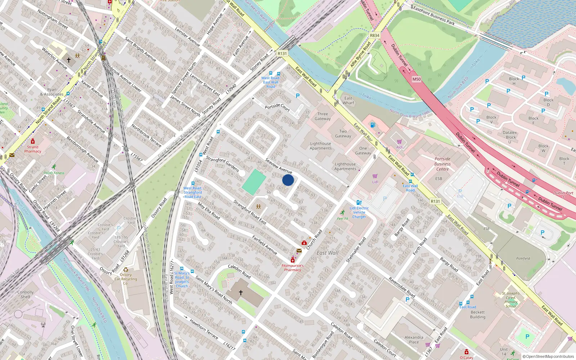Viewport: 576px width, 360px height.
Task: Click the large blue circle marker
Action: pyautogui.click(x=288, y=180)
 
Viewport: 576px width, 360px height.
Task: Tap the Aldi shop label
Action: pyautogui.click(x=399, y=147)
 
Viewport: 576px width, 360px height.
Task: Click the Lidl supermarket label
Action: pyautogui.click(x=375, y=182)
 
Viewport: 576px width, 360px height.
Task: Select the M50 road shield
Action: pyautogui.click(x=417, y=79)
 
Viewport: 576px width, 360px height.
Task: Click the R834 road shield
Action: pyautogui.click(x=374, y=35)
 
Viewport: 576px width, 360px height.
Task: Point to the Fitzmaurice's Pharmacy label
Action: pyautogui.click(x=292, y=268)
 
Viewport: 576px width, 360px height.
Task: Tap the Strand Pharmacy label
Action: pyautogui.click(x=33, y=149)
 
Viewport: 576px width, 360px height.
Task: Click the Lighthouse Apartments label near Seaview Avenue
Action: pyautogui.click(x=321, y=146)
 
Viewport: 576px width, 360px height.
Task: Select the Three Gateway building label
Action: pyautogui.click(x=323, y=116)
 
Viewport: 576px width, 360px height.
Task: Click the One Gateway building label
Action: pyautogui.click(x=363, y=150)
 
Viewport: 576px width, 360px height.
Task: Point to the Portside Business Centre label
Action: pyautogui.click(x=442, y=164)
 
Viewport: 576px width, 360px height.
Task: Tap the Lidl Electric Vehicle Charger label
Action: pyautogui.click(x=359, y=212)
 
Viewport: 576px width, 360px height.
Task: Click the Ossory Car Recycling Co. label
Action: pyautogui.click(x=126, y=279)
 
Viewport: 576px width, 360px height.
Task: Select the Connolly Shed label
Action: pyautogui.click(x=25, y=294)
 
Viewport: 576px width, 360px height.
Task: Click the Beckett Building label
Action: pyautogui.click(x=478, y=315)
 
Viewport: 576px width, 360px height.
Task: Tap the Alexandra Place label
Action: pyautogui.click(x=414, y=339)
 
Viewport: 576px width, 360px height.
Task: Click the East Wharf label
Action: pyautogui.click(x=348, y=100)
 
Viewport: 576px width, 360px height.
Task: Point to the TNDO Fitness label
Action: pyautogui.click(x=54, y=173)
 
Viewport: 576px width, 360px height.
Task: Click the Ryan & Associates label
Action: pyautogui.click(x=51, y=92)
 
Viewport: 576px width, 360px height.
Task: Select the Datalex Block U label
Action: pyautogui.click(x=510, y=137)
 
